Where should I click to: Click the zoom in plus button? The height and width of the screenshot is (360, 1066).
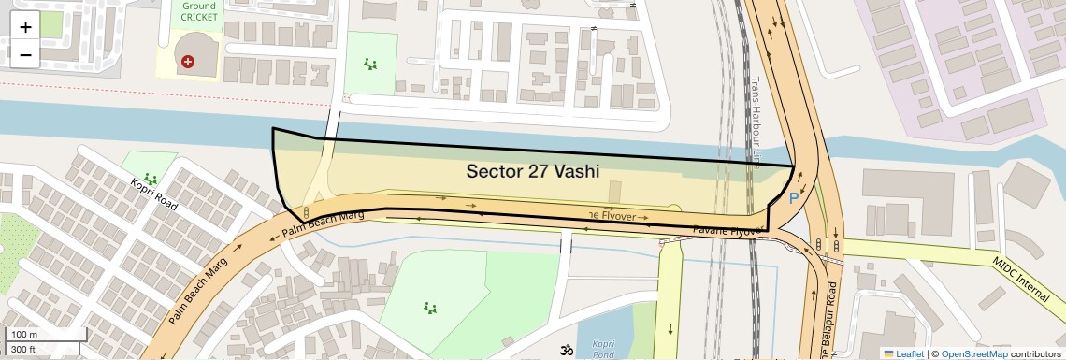pyautogui.click(x=25, y=26)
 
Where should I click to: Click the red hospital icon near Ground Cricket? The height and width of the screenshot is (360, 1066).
pyautogui.click(x=188, y=62)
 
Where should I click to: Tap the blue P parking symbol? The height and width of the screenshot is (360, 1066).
pyautogui.click(x=794, y=198)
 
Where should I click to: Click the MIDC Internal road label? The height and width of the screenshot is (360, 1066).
pyautogui.click(x=1020, y=279)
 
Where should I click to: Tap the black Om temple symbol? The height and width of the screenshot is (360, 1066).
pyautogui.click(x=565, y=352)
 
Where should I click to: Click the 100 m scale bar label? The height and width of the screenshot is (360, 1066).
pyautogui.click(x=23, y=335)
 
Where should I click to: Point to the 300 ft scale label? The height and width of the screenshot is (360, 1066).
pyautogui.click(x=23, y=349)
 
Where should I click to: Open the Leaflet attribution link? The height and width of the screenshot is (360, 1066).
pyautogui.click(x=903, y=353)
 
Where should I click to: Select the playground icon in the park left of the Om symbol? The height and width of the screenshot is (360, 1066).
pyautogui.click(x=430, y=307)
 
